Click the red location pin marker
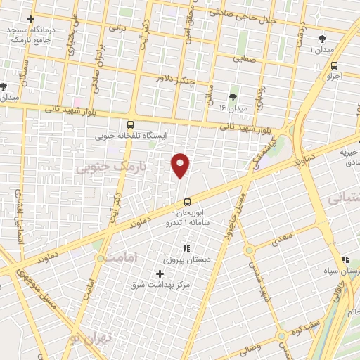pos(181,165)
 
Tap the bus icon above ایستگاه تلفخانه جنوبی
pos(129,124)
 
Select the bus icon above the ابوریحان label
pos(186,202)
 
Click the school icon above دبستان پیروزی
pos(186,248)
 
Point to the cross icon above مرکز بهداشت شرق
pos(160,274)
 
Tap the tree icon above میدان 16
pos(233,97)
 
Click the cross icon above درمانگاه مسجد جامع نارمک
pos(29,19)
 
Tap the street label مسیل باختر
pos(236,210)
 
